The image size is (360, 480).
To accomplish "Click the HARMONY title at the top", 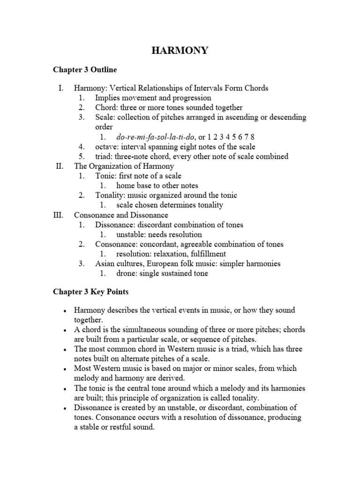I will click(x=180, y=51).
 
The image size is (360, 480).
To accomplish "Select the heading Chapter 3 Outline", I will click(x=84, y=69).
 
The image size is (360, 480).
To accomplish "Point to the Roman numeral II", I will click(x=59, y=166).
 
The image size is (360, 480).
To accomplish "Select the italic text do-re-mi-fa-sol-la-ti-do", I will click(x=151, y=137).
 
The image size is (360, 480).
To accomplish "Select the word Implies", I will click(x=108, y=98).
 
